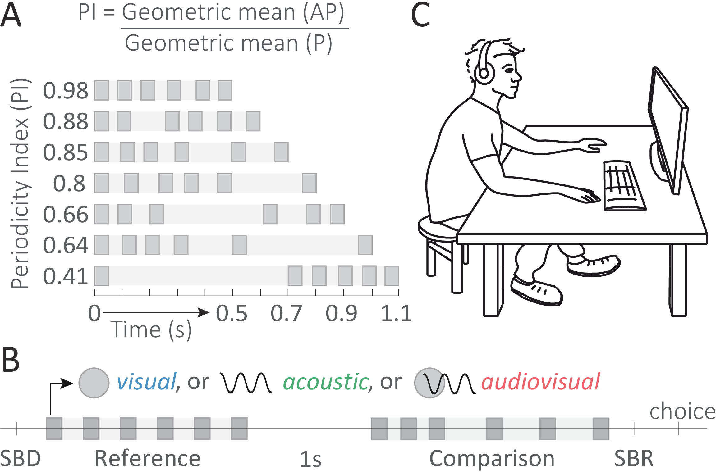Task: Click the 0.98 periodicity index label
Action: pos(66,91)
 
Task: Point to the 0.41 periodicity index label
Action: pos(66,276)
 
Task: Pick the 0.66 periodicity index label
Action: pos(66,214)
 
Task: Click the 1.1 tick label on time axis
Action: pos(396,313)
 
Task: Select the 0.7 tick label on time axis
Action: pos(286,313)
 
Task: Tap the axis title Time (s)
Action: pos(151,330)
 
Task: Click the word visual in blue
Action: pos(146,382)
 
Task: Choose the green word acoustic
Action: pos(326,382)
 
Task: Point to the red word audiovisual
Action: pos(540,382)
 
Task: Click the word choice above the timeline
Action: pos(682,411)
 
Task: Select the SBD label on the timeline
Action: pos(21,458)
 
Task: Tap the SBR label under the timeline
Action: pos(634,458)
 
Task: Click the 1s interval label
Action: pos(310,459)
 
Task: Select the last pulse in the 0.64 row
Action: pos(365,245)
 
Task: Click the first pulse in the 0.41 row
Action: pos(102,276)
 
